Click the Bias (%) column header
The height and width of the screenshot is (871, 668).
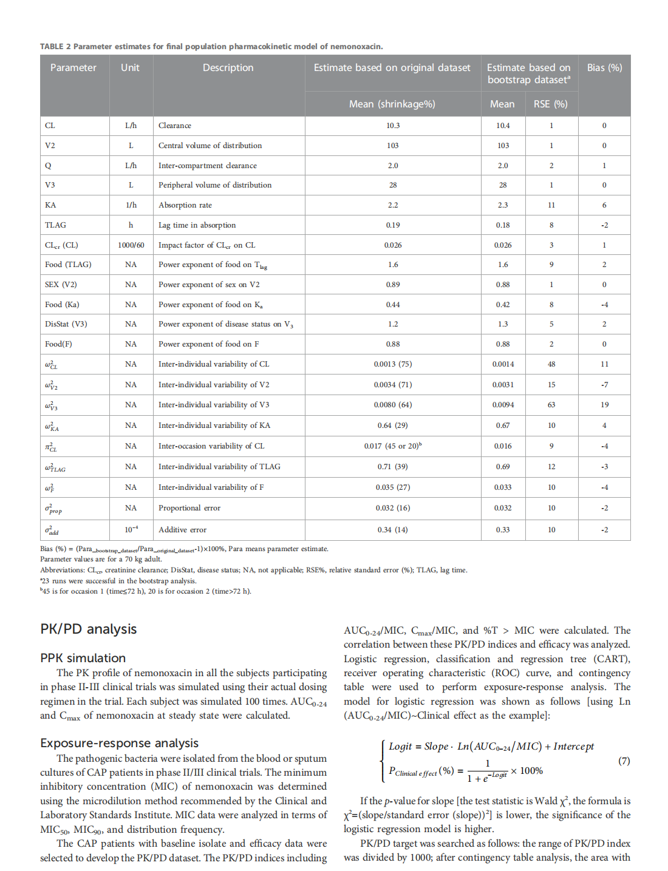click(604, 67)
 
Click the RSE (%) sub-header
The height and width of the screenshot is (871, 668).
click(550, 104)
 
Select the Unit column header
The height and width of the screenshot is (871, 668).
click(130, 67)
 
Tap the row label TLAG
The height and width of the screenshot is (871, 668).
click(55, 225)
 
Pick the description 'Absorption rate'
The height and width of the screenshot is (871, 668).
click(185, 205)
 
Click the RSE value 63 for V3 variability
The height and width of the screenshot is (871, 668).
click(551, 405)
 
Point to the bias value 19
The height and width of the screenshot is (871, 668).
click(604, 405)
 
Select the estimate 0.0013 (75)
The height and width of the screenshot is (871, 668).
click(392, 364)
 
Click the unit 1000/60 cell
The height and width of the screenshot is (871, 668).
click(131, 245)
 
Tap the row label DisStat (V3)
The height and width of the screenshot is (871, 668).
click(66, 324)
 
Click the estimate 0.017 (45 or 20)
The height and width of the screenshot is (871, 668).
click(392, 446)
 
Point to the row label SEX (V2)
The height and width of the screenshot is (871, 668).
click(61, 285)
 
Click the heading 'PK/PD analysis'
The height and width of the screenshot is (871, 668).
click(89, 629)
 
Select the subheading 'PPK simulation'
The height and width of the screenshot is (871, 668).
click(83, 658)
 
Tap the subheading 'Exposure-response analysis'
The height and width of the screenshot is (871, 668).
click(120, 743)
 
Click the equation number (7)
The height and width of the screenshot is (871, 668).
click(624, 761)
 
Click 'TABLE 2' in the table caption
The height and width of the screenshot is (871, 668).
click(55, 47)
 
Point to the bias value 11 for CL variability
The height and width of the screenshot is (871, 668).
click(604, 364)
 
